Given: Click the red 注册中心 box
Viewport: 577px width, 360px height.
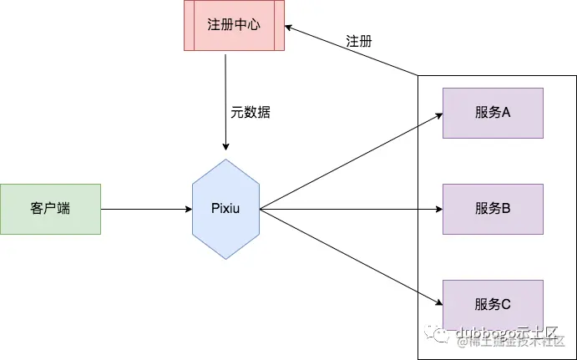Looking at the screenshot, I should click(x=234, y=25).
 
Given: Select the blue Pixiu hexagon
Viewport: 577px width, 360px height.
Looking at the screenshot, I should click(x=225, y=209).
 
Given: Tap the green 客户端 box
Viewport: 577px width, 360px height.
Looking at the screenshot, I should click(x=50, y=209).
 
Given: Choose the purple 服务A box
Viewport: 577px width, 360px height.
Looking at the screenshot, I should click(x=493, y=112).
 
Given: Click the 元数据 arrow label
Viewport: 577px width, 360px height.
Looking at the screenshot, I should click(x=251, y=112).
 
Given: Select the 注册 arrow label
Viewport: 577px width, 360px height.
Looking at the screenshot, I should click(x=358, y=41).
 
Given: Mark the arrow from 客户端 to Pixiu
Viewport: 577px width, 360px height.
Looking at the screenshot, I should click(x=146, y=209).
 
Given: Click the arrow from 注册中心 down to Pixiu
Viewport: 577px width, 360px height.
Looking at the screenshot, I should click(x=225, y=100).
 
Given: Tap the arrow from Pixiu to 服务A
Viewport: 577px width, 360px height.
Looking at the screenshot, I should click(x=351, y=160).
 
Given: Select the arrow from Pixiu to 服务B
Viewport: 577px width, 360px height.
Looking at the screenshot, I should click(x=351, y=209).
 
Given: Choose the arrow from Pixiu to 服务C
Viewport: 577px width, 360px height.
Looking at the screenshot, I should click(x=351, y=256).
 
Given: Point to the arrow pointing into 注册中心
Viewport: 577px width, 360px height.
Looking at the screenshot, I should click(x=351, y=50).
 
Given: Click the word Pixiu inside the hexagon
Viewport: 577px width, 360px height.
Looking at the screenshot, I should click(x=225, y=209).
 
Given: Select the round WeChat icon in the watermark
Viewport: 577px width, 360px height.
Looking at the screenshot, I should click(x=442, y=333).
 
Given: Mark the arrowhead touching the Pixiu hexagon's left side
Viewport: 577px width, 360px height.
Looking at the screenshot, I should click(x=188, y=209).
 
